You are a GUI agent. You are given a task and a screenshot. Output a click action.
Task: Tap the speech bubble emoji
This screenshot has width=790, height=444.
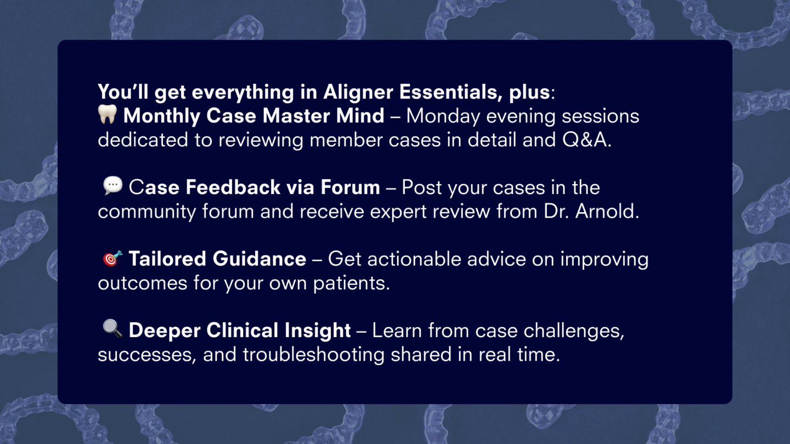113,185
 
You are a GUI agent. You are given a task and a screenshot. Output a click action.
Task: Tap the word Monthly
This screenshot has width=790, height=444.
162,116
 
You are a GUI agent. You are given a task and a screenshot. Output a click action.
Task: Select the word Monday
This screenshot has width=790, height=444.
443,116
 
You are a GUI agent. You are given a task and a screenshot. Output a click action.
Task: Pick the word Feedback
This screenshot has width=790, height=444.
233,187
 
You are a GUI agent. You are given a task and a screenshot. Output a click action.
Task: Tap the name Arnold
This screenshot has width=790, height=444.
607,211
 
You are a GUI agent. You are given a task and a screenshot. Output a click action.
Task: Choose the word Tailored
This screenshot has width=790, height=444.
167,259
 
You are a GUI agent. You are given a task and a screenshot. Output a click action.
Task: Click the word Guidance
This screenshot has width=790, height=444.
259,259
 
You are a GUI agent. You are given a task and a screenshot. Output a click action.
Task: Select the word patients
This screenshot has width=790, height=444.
351,283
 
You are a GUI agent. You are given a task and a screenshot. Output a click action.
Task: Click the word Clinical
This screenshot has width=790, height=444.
242,331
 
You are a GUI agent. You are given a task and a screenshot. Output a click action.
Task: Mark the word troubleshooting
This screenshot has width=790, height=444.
314,355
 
